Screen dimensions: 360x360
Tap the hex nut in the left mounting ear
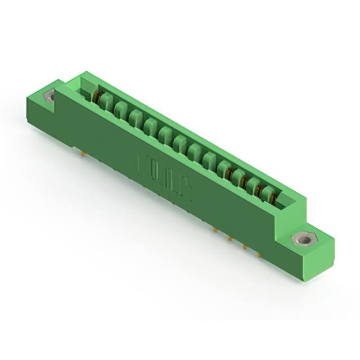pyautogui.click(x=49, y=96)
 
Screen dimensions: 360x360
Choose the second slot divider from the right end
pyautogui.click(x=254, y=186)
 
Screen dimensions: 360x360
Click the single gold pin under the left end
pyautogui.click(x=83, y=151)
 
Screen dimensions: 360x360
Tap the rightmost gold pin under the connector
pyautogui.click(x=259, y=254)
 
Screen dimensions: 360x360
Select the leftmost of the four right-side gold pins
pyautogui.click(x=215, y=229)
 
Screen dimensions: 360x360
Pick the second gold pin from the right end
pyautogui.click(x=245, y=246)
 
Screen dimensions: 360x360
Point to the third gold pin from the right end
pyautogui.click(x=230, y=238)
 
